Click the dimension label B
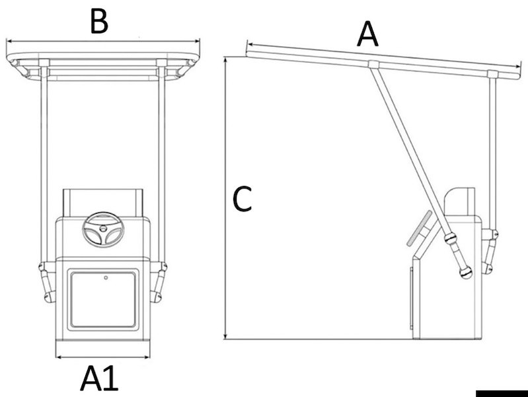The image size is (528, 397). tap(98, 22)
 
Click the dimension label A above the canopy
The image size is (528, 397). tap(367, 34)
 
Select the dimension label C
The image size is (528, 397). tap(243, 199)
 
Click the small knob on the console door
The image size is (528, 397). tap(106, 278)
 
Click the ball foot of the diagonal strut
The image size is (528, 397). tap(466, 272)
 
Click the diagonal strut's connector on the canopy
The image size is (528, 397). tap(373, 64)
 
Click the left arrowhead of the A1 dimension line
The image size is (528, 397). tap(59, 357)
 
